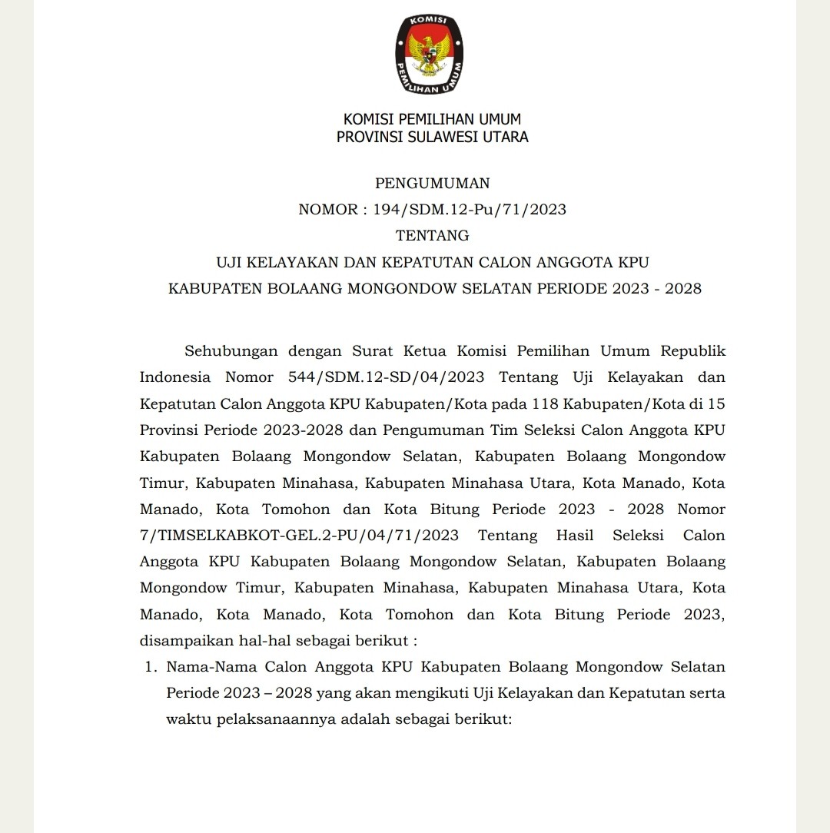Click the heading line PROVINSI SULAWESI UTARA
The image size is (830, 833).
432,138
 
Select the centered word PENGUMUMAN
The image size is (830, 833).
432,184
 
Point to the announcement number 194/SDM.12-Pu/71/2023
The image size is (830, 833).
470,210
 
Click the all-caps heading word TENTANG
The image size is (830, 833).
432,235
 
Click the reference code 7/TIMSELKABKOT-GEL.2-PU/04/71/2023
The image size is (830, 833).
300,535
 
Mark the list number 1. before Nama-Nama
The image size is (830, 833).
151,667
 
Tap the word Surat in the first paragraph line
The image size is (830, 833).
372,352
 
